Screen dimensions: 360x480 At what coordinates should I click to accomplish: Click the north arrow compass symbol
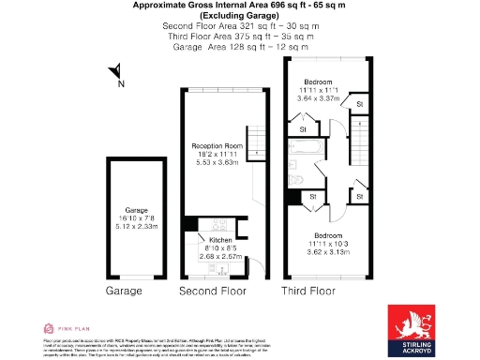(x=114, y=72)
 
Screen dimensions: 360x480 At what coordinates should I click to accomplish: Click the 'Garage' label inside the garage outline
(x=125, y=211)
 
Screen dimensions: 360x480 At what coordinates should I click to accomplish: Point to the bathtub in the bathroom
(x=307, y=148)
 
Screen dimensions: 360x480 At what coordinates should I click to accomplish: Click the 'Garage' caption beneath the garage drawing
(x=124, y=292)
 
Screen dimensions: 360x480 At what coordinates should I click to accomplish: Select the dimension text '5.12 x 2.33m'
(x=125, y=227)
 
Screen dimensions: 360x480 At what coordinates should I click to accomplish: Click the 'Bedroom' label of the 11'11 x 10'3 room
(x=327, y=234)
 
